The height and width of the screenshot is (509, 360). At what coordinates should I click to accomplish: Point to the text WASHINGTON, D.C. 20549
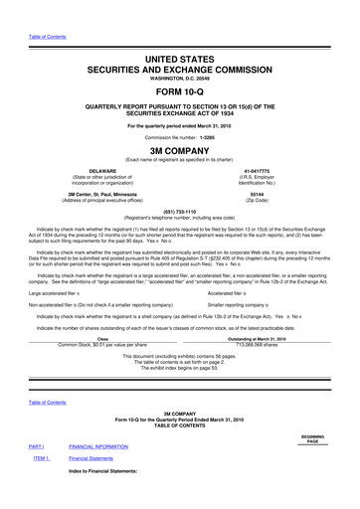pyautogui.click(x=180, y=65)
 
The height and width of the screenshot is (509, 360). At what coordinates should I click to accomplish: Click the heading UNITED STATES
pyautogui.click(x=180, y=36)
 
